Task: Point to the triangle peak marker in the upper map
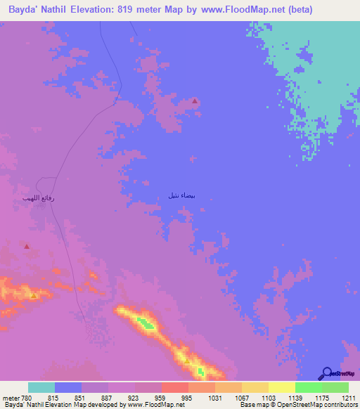(x=195, y=101)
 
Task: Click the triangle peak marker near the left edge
(x=27, y=247)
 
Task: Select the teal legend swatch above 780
(x=41, y=387)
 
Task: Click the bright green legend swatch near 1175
(x=308, y=387)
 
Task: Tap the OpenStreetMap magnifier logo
(x=326, y=373)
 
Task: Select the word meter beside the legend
(x=12, y=397)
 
